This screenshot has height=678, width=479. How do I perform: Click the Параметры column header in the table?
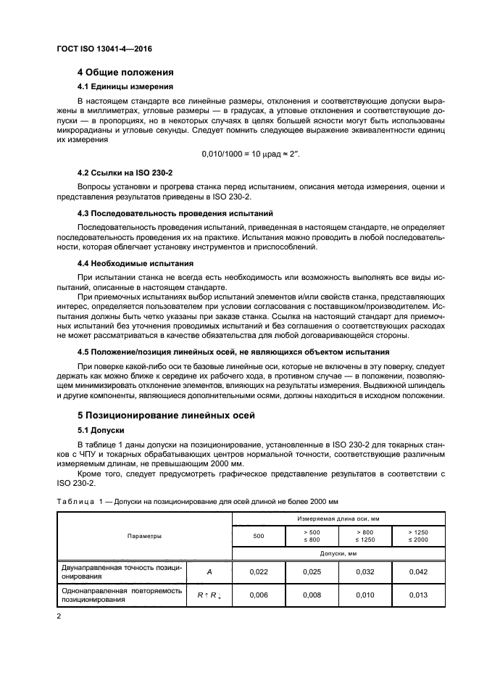click(x=144, y=536)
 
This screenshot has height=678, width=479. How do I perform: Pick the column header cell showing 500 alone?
click(x=258, y=536)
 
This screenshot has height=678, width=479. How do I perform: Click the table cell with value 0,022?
click(x=258, y=572)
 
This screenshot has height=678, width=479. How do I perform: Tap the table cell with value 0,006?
click(x=258, y=595)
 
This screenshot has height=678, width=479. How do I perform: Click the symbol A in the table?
click(x=209, y=572)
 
